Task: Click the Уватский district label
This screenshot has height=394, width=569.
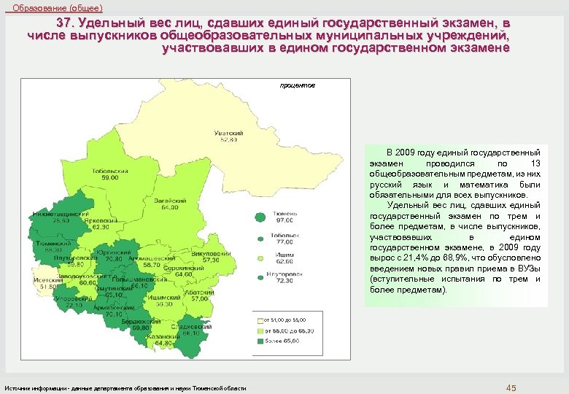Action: pyautogui.click(x=228, y=134)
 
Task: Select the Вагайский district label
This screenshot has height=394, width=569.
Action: pyautogui.click(x=169, y=201)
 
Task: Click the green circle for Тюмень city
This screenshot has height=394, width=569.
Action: pyautogui.click(x=259, y=216)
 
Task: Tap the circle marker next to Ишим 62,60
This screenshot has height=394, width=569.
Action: pyautogui.click(x=260, y=258)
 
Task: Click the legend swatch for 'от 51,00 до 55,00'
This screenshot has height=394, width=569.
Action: pyautogui.click(x=257, y=320)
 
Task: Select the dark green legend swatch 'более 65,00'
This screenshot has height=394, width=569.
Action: pyautogui.click(x=257, y=340)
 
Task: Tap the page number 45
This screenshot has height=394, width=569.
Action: pyautogui.click(x=511, y=387)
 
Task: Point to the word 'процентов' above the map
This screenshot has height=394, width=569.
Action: pyautogui.click(x=298, y=85)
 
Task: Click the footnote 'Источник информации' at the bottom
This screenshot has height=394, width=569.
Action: pyautogui.click(x=36, y=387)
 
